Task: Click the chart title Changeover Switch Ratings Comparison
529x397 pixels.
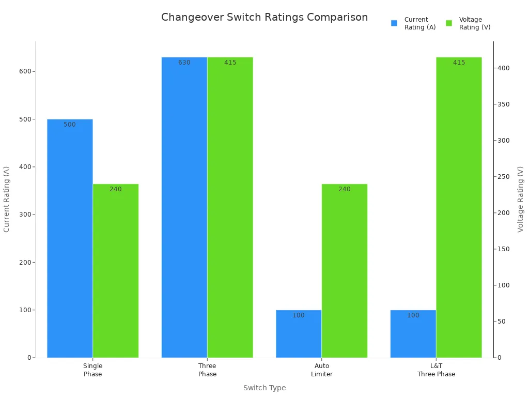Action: pos(264,17)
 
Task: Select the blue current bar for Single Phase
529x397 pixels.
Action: pos(70,238)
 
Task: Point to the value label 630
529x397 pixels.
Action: pos(184,63)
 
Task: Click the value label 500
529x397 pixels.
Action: pos(70,125)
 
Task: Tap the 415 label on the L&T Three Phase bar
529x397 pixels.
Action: pos(459,63)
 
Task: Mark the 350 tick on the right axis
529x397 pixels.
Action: pos(504,104)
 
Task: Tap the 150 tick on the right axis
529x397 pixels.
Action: pos(504,249)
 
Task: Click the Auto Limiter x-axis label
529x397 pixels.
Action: pos(322,370)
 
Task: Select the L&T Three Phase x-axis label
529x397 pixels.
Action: pos(437,370)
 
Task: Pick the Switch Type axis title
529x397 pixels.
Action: pos(264,388)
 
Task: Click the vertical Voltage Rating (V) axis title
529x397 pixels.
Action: pos(520,199)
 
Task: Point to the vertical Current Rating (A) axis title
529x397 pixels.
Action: pos(7,199)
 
